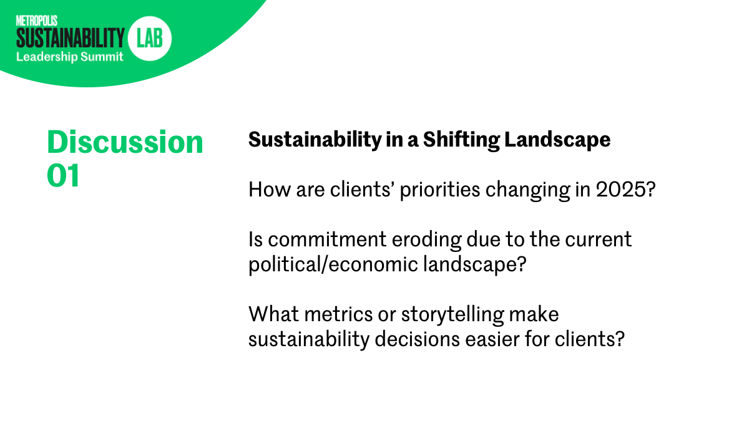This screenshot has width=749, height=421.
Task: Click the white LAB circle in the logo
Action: [149, 39]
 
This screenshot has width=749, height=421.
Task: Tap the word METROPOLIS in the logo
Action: [37, 21]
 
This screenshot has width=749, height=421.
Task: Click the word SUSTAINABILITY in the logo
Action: [70, 38]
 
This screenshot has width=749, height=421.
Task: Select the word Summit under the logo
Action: [102, 57]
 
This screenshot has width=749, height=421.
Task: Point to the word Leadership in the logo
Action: [47, 57]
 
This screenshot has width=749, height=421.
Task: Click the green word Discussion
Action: [125, 142]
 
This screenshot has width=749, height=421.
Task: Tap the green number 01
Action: [63, 175]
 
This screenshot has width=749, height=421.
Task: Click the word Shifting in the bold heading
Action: [461, 140]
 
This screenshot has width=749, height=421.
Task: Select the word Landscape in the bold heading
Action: [557, 140]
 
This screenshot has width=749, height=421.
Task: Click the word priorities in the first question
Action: [441, 190]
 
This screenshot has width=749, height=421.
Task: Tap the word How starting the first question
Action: [270, 190]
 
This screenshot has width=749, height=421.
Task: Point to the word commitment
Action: [327, 240]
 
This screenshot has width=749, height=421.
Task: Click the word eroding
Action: [427, 240]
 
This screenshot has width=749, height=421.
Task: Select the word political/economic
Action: [333, 264]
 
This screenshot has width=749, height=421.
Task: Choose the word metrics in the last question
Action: [338, 314]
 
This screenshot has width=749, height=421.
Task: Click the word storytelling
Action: [453, 315]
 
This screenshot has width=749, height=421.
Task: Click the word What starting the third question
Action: [274, 314]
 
